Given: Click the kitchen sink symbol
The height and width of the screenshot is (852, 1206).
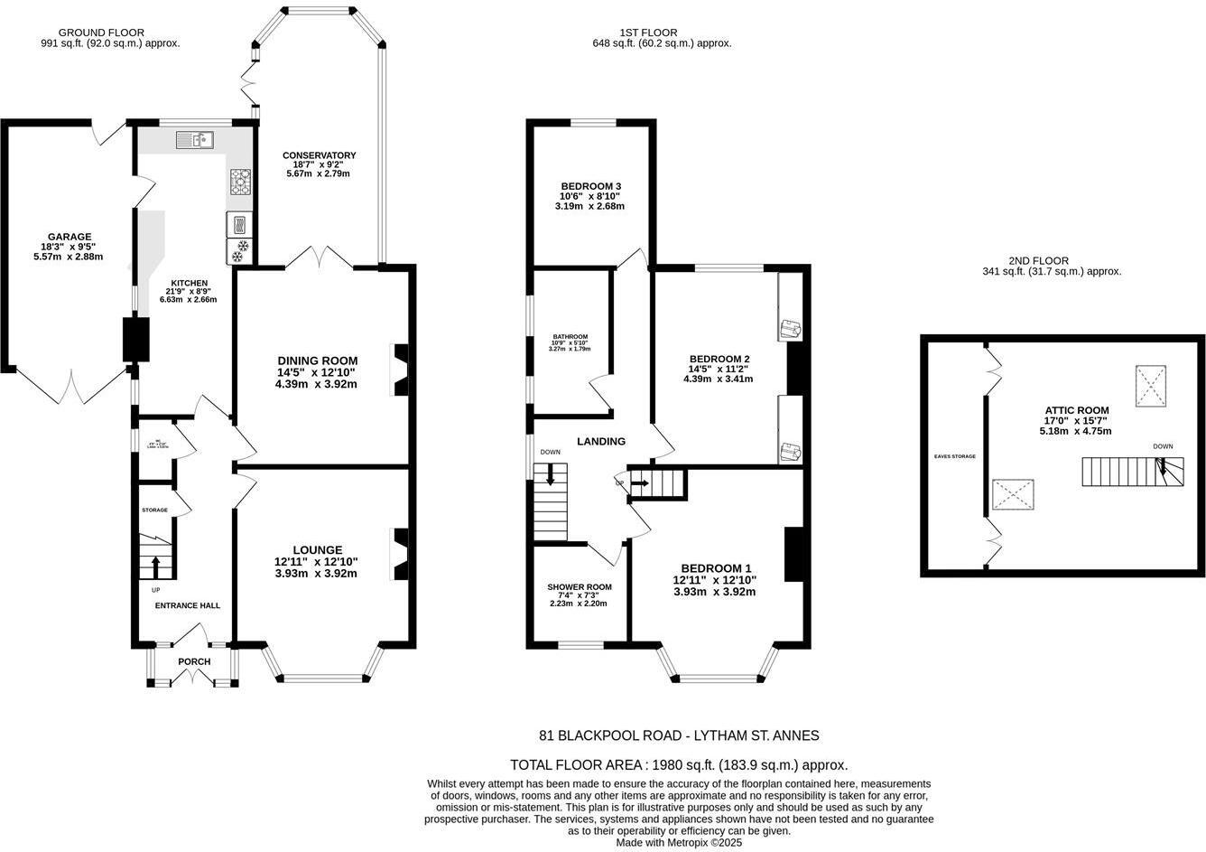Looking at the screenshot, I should [x=194, y=139].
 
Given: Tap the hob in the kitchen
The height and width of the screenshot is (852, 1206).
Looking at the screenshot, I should [x=240, y=183].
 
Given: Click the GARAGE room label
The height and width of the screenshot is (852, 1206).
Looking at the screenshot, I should [x=62, y=237].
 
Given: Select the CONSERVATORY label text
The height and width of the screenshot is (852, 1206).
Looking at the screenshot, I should [x=319, y=155].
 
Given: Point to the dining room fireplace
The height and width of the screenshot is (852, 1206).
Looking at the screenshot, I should [x=399, y=370].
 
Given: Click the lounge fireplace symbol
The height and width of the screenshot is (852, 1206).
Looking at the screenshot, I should [x=399, y=555].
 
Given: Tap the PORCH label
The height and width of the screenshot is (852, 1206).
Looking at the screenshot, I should [x=194, y=662].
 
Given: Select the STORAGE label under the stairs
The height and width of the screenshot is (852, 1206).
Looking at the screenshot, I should [x=154, y=510].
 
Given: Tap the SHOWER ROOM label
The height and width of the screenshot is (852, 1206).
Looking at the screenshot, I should [x=579, y=587].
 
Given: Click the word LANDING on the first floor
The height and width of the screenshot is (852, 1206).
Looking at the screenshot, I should [x=601, y=442].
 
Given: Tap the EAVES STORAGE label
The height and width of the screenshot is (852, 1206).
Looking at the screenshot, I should [x=954, y=456].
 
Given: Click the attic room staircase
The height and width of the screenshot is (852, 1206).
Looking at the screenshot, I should [x=1133, y=472].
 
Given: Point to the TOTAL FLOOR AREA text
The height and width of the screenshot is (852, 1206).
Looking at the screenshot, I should [x=679, y=764].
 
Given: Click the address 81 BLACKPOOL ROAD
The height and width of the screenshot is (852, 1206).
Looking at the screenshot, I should [x=679, y=735].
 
